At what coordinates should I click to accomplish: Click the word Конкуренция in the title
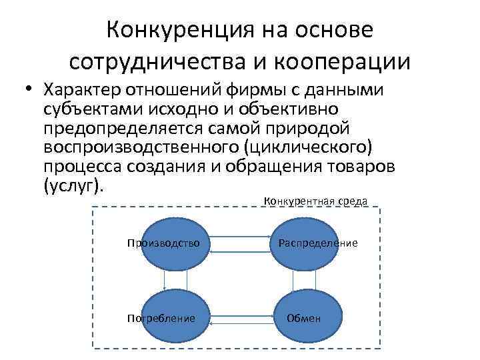[172, 30]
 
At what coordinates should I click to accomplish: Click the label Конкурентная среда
[315, 201]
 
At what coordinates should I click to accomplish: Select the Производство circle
[163, 244]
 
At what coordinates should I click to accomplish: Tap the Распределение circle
[317, 244]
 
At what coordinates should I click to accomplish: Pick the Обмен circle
[304, 319]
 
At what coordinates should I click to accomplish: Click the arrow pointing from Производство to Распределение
[241, 235]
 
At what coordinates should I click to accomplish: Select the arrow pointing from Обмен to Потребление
[241, 323]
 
